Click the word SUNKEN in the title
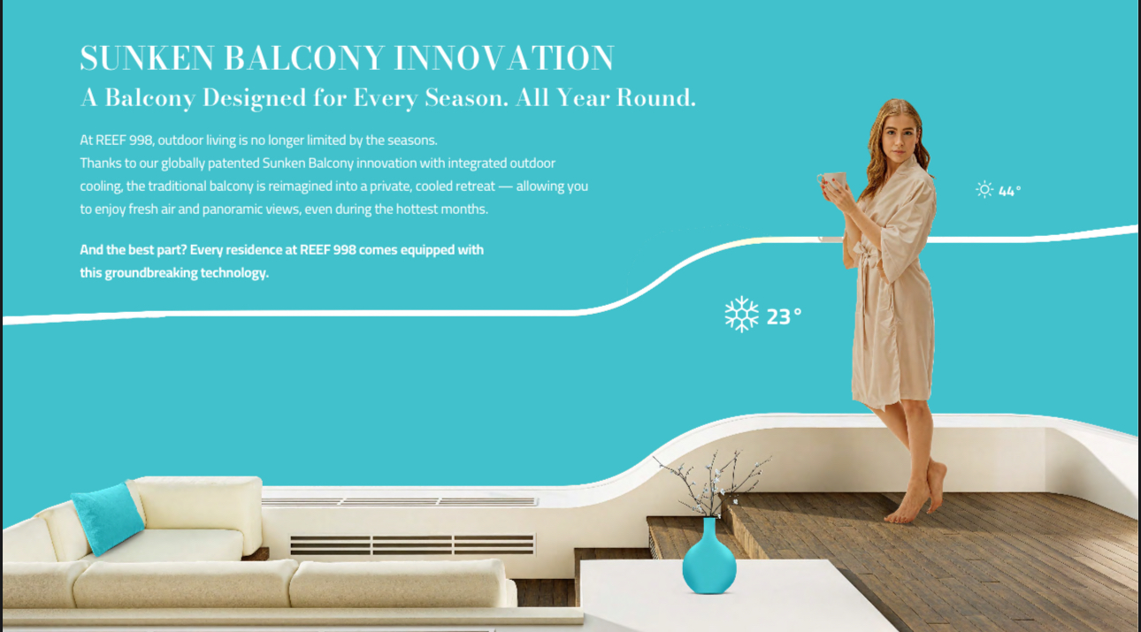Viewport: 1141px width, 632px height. point(147,57)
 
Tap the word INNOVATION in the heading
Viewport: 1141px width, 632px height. point(505,57)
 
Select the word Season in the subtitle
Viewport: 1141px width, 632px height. point(467,97)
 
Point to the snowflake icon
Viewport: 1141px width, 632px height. point(741,315)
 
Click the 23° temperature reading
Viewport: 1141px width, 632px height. point(784,316)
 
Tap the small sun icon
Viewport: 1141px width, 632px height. point(984,190)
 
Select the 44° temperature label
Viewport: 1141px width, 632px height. point(1009,191)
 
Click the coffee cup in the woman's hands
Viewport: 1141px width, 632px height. point(832,180)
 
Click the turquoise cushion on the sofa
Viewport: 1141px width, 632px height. point(108,518)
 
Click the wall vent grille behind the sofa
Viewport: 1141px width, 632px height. point(412,544)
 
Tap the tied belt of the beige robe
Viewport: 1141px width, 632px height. point(866,257)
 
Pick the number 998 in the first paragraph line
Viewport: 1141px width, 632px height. point(141,141)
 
